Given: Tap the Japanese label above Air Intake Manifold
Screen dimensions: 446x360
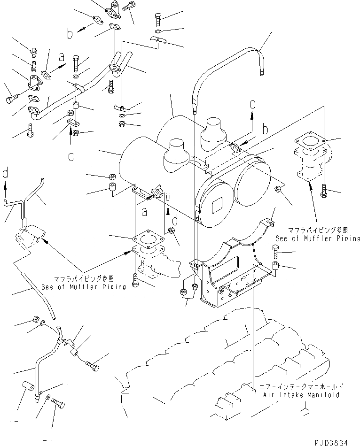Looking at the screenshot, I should [x=301, y=387].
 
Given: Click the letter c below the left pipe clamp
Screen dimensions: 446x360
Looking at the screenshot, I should [x=70, y=156].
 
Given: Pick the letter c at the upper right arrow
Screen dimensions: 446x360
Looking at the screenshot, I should [x=252, y=104].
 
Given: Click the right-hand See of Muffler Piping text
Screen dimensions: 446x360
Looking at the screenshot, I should [x=317, y=238].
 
